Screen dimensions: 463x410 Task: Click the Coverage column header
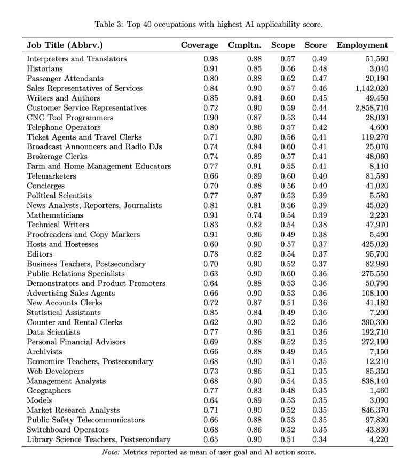(199, 45)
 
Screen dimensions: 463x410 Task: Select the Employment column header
(362, 45)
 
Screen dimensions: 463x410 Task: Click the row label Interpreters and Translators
(77, 59)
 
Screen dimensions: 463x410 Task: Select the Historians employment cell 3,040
(378, 69)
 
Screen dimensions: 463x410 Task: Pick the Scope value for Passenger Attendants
(288, 79)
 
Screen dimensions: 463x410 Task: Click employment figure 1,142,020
(369, 88)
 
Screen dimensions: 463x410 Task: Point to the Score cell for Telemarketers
(319, 176)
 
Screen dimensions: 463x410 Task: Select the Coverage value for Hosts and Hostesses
(211, 244)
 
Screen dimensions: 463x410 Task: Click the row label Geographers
(49, 391)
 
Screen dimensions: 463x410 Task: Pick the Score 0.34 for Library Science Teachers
(319, 439)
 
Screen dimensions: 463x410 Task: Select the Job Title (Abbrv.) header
(65, 45)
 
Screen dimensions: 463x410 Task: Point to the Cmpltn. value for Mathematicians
(254, 215)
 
